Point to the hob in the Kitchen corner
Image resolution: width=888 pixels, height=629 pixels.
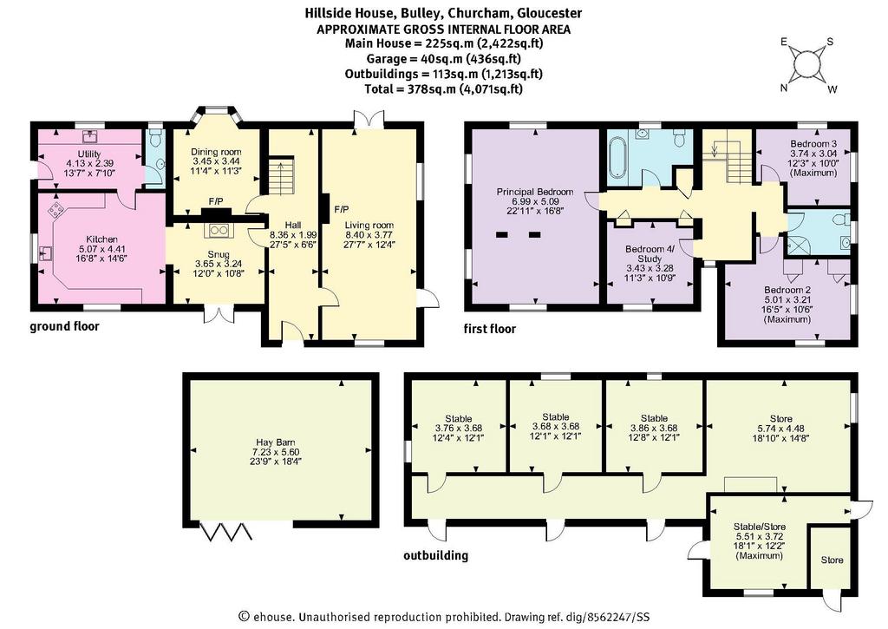pos(56,210)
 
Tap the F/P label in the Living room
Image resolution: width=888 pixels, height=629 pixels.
pos(342,209)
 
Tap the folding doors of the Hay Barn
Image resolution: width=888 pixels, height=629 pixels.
pos(225,531)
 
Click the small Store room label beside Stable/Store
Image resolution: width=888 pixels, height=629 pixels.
pos(832,560)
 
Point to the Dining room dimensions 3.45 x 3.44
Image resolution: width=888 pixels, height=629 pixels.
pos(216,161)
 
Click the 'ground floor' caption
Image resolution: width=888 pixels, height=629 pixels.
pos(64,326)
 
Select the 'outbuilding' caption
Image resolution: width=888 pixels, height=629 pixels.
pos(435,555)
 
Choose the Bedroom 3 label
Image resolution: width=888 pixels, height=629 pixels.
pos(813,144)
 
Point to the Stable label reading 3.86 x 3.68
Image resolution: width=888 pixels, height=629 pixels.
pos(654,428)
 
